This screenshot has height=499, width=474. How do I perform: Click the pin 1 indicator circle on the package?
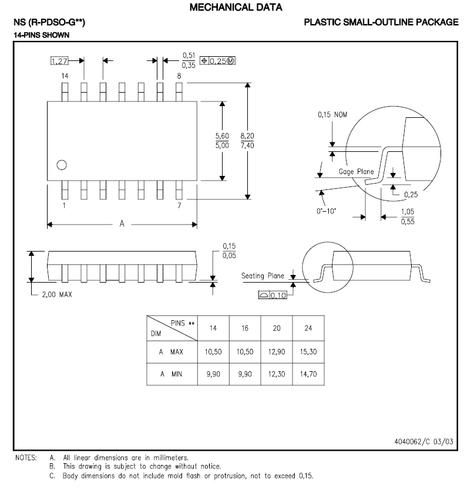pos(61,165)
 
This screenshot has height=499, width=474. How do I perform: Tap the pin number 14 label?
pos(65,76)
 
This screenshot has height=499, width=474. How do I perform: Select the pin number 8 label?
pos(179,76)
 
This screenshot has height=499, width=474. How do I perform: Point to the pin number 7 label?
pos(179,206)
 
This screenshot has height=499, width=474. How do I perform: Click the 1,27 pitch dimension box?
pos(59,61)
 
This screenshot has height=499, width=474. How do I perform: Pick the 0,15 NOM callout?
pos(332,115)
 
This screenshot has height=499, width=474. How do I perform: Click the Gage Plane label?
pos(357,172)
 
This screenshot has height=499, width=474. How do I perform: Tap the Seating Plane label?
pos(263,276)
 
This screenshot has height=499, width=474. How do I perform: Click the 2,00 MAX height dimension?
pos(58,295)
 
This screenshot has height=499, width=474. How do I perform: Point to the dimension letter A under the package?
pos(122,224)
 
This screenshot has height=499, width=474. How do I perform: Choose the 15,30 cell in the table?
pos(308,352)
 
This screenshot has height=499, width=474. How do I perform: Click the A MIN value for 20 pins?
pos(276,374)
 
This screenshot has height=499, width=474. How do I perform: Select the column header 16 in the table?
pos(245,328)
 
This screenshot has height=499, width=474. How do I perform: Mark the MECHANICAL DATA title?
pos(237,8)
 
